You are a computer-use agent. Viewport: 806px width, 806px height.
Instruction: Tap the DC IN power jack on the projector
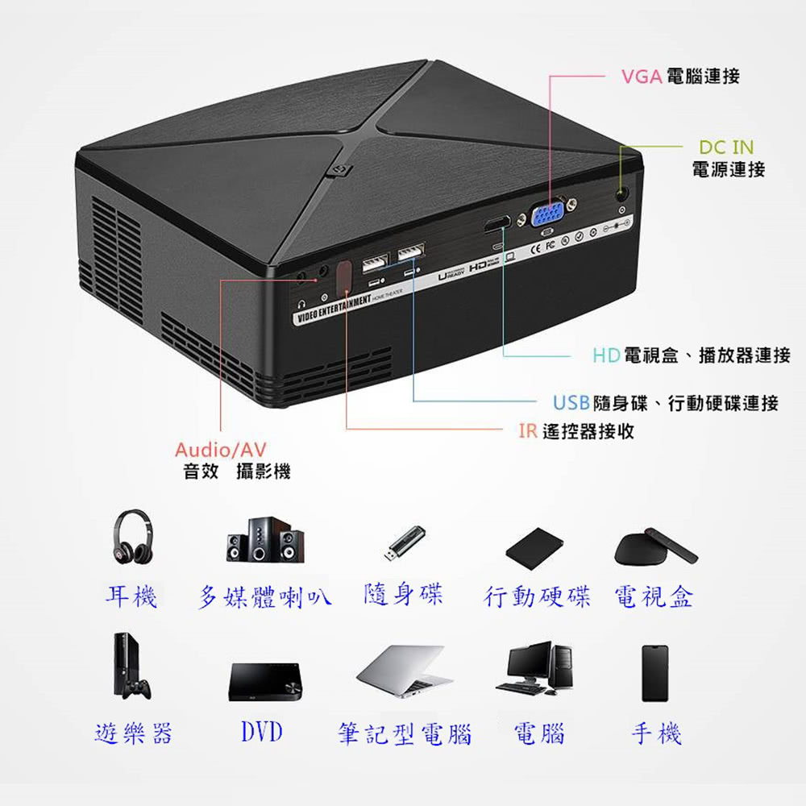622,194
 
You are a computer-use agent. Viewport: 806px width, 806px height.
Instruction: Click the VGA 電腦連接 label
680,77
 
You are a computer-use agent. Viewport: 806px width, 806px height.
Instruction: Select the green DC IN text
726,147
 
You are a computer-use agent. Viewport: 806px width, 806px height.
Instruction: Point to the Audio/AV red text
221,449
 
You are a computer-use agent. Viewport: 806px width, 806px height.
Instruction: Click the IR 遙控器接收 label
575,431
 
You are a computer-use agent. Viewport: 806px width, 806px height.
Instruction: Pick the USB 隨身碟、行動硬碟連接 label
665,403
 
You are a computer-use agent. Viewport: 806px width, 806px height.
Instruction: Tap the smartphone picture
655,673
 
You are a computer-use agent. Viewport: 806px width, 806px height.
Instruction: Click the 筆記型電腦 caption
404,734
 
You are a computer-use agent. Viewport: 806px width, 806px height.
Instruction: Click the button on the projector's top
338,170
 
